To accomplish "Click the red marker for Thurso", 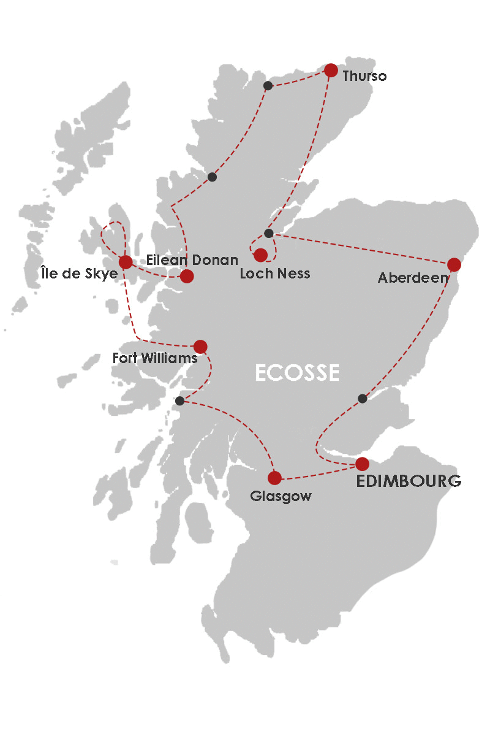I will [x=331, y=71].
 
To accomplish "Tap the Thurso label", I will [x=365, y=77].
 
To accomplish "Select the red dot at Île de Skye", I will [x=126, y=263].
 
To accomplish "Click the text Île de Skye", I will [x=78, y=274].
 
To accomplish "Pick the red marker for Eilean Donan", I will [x=187, y=276].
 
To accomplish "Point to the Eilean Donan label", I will [x=192, y=260].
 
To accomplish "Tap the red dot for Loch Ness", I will [x=261, y=255].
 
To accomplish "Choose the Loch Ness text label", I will [x=275, y=274].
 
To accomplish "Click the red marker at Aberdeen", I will [x=454, y=264].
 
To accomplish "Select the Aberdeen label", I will [x=413, y=278].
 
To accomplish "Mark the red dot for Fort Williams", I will [x=200, y=347].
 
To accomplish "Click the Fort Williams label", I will [x=155, y=358].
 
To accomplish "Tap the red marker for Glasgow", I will [x=274, y=478].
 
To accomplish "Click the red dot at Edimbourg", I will [x=363, y=463].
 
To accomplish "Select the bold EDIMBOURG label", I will [x=409, y=481].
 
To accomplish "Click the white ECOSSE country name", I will [x=297, y=372].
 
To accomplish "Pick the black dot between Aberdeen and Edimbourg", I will [x=363, y=399].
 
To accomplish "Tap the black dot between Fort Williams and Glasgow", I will [x=179, y=401].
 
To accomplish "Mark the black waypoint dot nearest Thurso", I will [x=268, y=85].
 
